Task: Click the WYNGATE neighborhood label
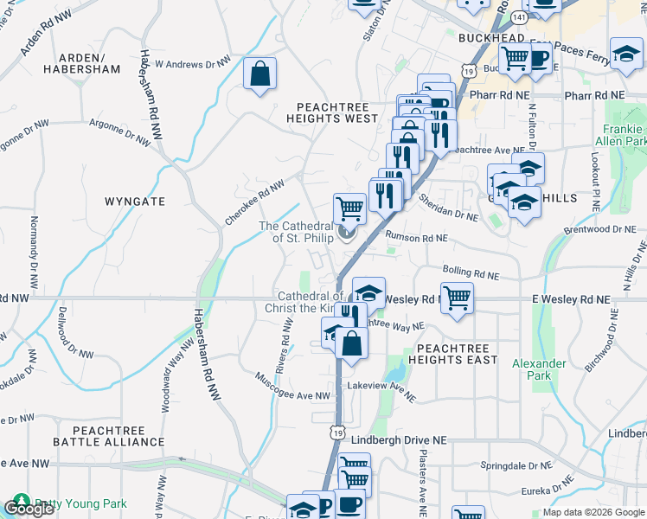[x=135, y=201]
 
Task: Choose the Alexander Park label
[x=539, y=369]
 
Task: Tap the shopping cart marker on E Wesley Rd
[x=457, y=298]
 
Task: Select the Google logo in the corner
[x=29, y=509]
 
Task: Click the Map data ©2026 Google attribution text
[x=593, y=512]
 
